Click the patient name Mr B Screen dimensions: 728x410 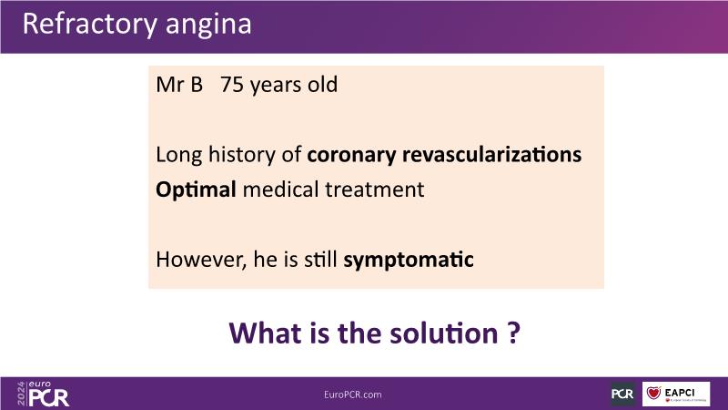[179, 85]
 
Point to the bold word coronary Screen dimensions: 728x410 [351, 155]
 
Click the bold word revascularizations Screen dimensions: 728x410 [491, 154]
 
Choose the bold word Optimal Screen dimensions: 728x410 [196, 190]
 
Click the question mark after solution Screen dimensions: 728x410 [514, 333]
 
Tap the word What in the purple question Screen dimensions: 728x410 [265, 333]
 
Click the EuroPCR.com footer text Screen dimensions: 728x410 [353, 395]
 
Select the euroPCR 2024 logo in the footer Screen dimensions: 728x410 [43, 395]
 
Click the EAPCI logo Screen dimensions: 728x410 [676, 394]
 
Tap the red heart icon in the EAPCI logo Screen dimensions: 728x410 [653, 393]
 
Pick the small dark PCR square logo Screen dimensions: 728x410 [622, 394]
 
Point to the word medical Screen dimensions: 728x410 [280, 190]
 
